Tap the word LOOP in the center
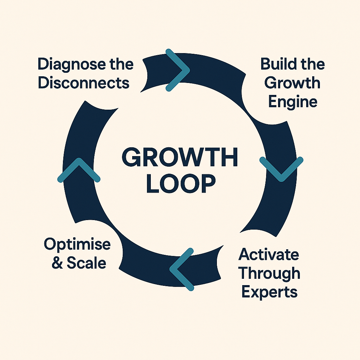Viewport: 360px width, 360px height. pyautogui.click(x=180, y=184)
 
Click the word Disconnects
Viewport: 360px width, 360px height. pyautogui.click(x=84, y=83)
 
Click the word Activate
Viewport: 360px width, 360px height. pyautogui.click(x=269, y=254)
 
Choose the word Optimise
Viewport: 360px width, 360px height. pyautogui.click(x=77, y=245)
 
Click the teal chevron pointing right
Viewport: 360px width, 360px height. pyautogui.click(x=179, y=70)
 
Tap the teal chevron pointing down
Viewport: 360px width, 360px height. pyautogui.click(x=281, y=169)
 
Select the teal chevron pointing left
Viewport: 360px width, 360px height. pyautogui.click(x=181, y=269)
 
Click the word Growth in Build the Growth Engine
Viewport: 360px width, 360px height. pyautogui.click(x=292, y=83)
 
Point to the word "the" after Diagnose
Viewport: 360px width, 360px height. pyautogui.click(x=121, y=65)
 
